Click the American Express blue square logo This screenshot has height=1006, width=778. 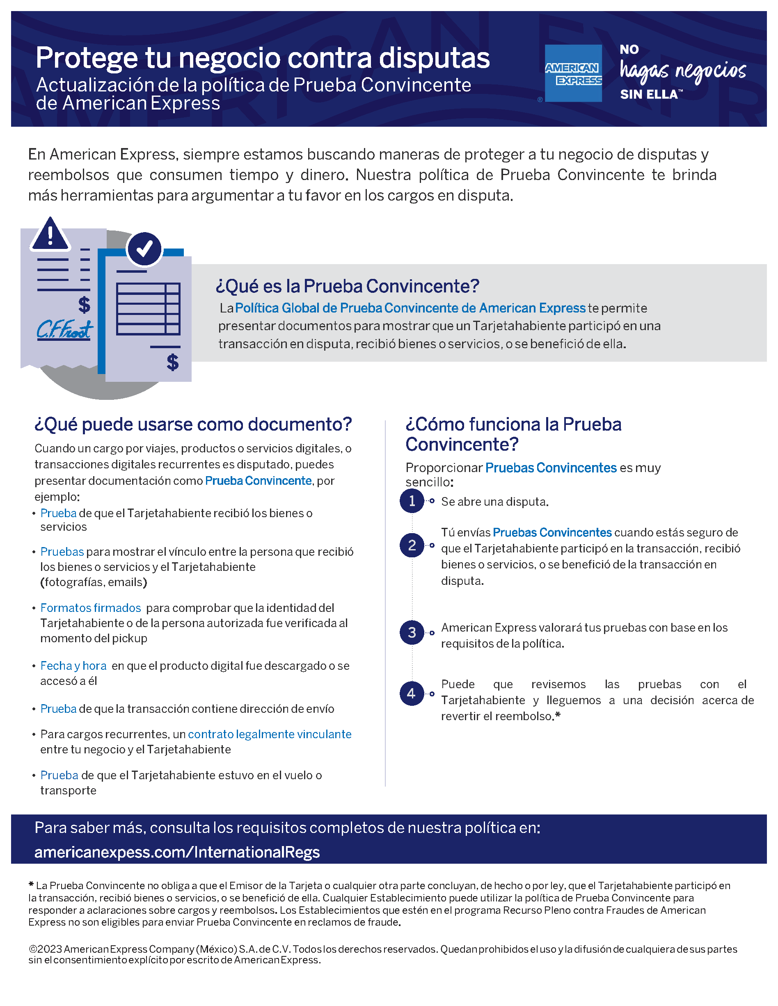tap(573, 73)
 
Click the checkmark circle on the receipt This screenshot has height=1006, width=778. tap(144, 249)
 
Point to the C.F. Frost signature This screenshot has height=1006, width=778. tap(64, 329)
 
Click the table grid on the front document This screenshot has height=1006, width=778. tap(148, 309)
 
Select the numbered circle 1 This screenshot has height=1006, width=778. tap(412, 501)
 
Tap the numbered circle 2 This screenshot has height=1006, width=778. tap(412, 545)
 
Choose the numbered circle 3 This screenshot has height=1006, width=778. tap(412, 632)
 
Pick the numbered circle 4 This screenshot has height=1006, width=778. tap(412, 693)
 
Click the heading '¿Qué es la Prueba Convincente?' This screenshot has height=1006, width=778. tap(347, 286)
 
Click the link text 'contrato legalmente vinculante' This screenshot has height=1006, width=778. tap(270, 734)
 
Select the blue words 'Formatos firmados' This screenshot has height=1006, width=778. tap(90, 608)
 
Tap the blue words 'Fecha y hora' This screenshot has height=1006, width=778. tap(73, 666)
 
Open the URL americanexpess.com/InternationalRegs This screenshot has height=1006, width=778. tap(177, 852)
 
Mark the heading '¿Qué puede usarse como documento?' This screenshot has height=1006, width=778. tap(193, 424)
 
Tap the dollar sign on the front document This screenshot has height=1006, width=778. tap(173, 363)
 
